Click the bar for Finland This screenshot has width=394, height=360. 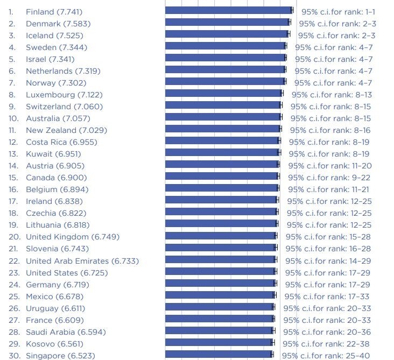228,10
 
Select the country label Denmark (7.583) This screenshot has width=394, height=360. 58,24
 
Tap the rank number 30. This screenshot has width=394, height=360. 15,356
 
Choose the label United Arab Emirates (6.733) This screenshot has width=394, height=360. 82,261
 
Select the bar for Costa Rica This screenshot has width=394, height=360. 222,140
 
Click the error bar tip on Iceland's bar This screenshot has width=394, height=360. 289,34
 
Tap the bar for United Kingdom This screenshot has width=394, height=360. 221,236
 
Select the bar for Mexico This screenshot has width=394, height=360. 220,295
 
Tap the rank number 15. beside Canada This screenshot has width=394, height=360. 14,178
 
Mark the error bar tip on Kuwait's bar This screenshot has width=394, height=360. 280,152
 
